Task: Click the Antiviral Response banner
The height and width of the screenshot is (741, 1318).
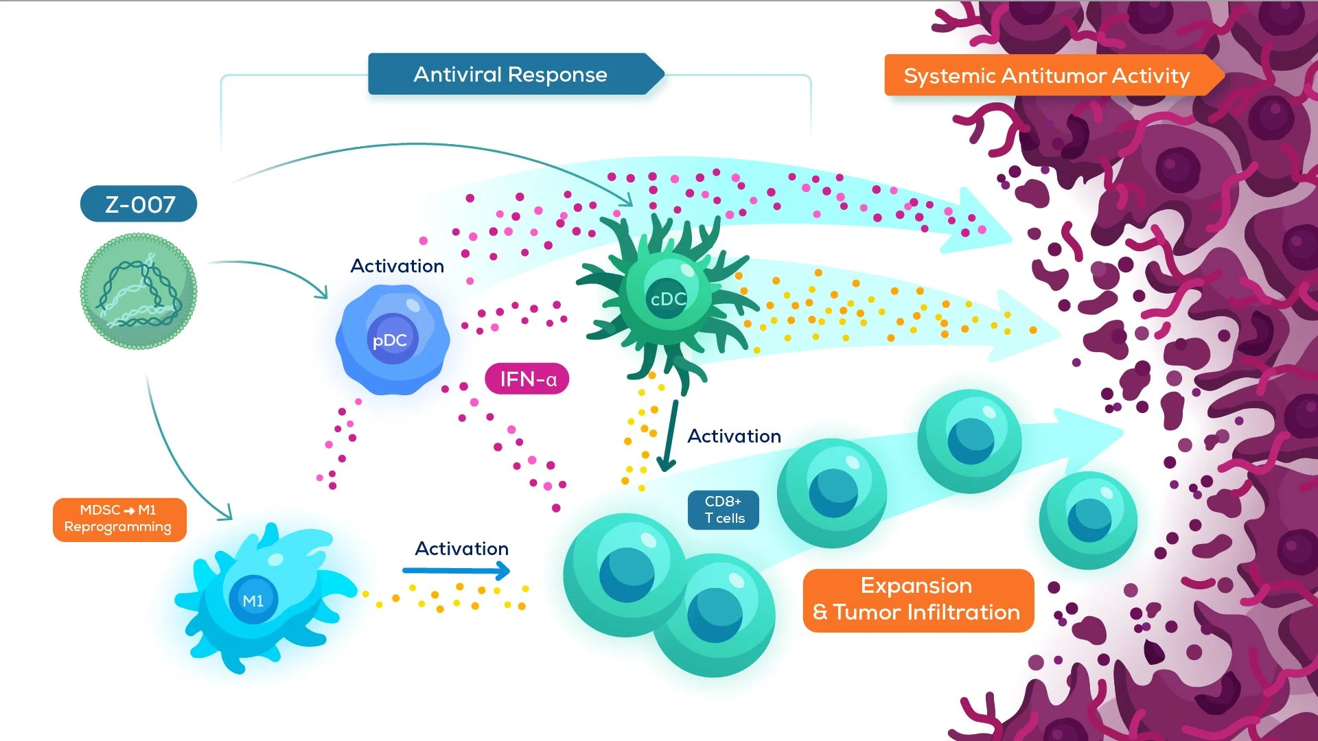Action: point(510,74)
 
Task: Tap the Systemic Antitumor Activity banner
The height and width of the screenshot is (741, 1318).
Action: point(1046,75)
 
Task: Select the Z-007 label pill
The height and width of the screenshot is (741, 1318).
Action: point(139,204)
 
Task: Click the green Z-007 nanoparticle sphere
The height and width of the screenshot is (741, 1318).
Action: point(139,292)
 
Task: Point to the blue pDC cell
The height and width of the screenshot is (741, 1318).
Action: point(393,340)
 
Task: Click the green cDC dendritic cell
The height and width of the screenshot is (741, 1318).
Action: point(667,299)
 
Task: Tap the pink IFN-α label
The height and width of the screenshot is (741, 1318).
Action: point(527,379)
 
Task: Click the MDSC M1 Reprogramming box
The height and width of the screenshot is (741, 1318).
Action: point(119,519)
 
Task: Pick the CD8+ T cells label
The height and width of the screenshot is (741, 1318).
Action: point(724,510)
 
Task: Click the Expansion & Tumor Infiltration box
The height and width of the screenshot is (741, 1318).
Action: point(918,600)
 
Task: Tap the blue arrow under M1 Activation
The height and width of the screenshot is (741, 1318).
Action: point(456,570)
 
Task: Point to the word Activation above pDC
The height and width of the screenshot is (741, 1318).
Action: point(397,266)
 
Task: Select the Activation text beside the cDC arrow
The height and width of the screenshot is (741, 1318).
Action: point(734,436)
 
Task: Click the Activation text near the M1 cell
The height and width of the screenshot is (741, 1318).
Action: point(461,549)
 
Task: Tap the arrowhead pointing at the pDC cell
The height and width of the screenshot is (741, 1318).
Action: point(321,292)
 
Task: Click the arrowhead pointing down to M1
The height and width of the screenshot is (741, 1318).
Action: point(225,513)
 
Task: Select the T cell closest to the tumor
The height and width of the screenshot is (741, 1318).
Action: point(1088,519)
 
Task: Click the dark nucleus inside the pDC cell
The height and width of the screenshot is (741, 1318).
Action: point(392,339)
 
